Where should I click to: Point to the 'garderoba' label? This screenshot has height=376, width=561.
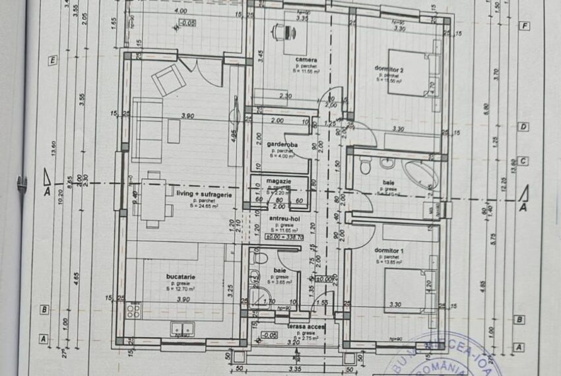pyautogui.click(x=282, y=144)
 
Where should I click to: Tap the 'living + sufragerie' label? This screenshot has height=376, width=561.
pyautogui.click(x=203, y=194)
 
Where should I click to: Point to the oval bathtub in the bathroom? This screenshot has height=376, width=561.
pyautogui.click(x=420, y=174)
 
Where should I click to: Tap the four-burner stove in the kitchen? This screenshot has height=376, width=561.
pyautogui.click(x=133, y=310)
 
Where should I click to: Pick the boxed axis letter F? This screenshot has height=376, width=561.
pyautogui.click(x=525, y=26)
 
